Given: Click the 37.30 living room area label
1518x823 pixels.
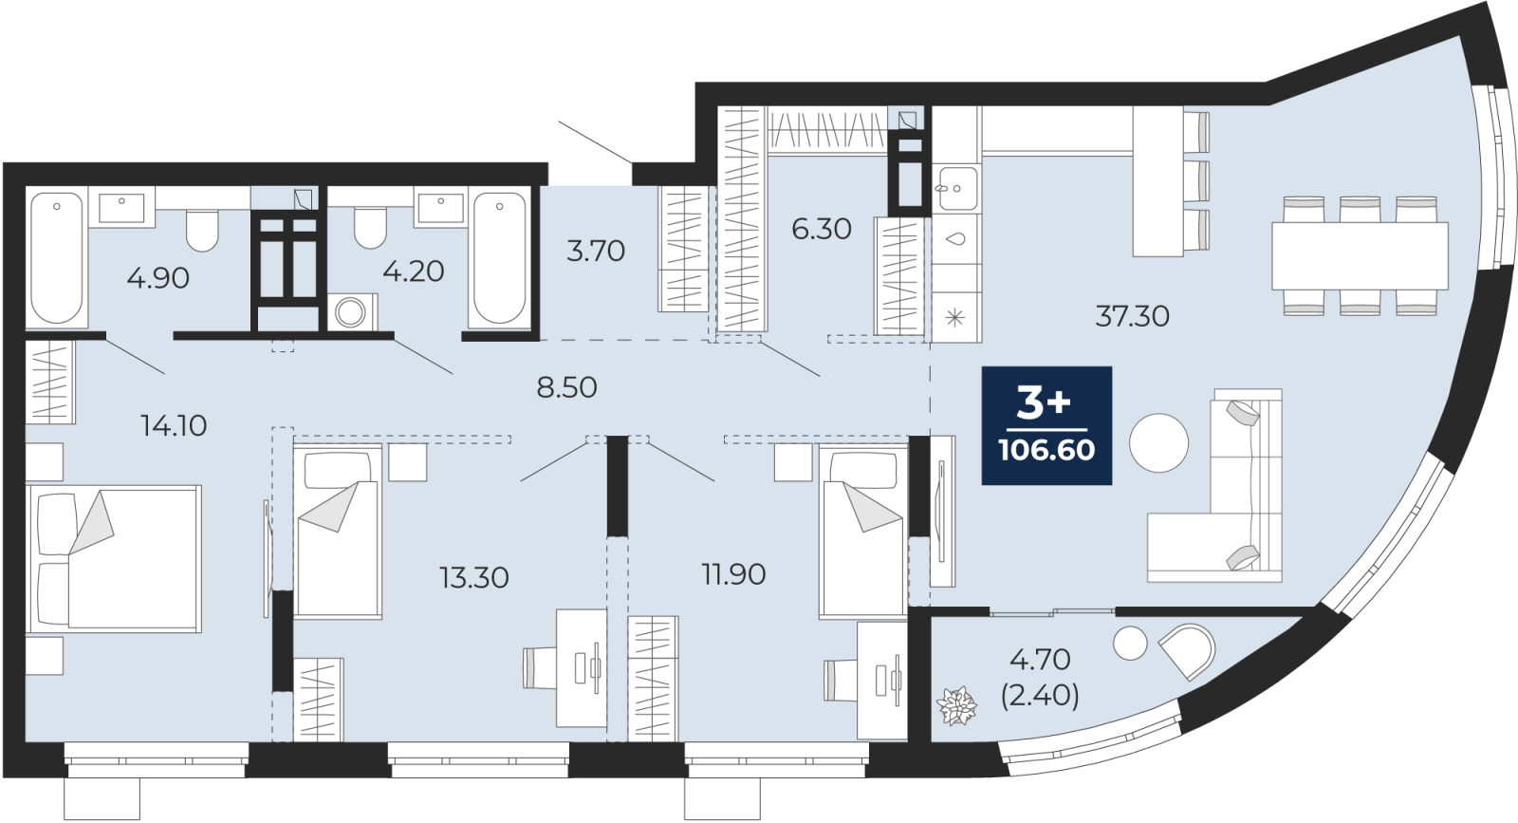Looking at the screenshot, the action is pyautogui.click(x=1133, y=316).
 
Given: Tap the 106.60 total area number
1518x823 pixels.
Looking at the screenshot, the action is pyautogui.click(x=1047, y=449).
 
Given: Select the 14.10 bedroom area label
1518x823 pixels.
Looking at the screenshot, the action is pyautogui.click(x=174, y=425).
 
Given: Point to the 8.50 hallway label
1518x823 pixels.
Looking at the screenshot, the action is pyautogui.click(x=566, y=387).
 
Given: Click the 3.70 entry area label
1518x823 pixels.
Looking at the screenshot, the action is pyautogui.click(x=595, y=251).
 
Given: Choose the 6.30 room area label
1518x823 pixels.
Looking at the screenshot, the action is pyautogui.click(x=822, y=229).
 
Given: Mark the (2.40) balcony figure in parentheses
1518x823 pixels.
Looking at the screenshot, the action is pyautogui.click(x=1040, y=695).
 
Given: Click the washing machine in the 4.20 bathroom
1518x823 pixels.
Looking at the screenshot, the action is pyautogui.click(x=352, y=312).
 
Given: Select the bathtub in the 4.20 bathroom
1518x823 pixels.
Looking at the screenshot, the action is pyautogui.click(x=499, y=258).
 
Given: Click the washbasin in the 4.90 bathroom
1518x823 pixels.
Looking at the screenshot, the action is pyautogui.click(x=122, y=208).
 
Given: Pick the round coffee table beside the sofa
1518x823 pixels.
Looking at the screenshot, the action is pyautogui.click(x=1158, y=442).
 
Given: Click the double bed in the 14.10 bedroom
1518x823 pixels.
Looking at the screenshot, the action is pyautogui.click(x=114, y=558).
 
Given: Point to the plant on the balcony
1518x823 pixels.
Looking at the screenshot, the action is pyautogui.click(x=956, y=705).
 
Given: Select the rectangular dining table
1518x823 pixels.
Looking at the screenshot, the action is pyautogui.click(x=1360, y=256).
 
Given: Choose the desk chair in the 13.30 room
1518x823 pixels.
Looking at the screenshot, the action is pyautogui.click(x=541, y=668).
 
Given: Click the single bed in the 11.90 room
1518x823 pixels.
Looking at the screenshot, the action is pyautogui.click(x=862, y=532).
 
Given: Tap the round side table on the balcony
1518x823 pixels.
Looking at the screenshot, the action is pyautogui.click(x=1130, y=643).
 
